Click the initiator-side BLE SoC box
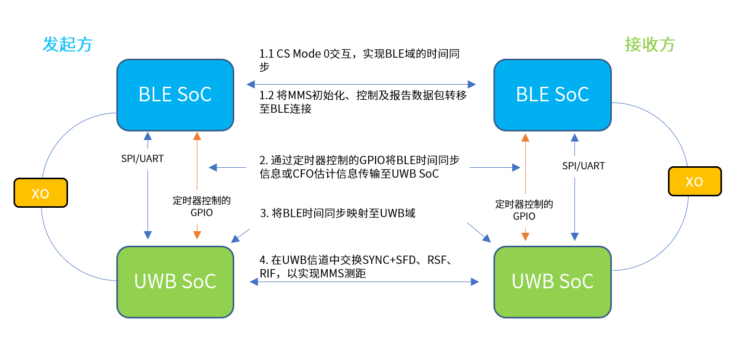(x=175, y=95)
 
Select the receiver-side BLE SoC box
(x=552, y=95)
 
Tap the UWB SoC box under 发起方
(x=175, y=282)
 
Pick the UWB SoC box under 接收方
(x=552, y=282)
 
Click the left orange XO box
(x=41, y=193)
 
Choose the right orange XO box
(x=694, y=181)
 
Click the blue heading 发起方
(x=68, y=45)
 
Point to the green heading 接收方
(x=650, y=45)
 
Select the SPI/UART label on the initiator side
(x=142, y=159)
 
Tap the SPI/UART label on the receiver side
(x=583, y=166)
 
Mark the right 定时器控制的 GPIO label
(x=524, y=210)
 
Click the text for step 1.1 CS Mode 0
(x=359, y=60)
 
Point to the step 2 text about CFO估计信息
(x=359, y=167)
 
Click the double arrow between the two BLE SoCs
(x=361, y=84)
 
